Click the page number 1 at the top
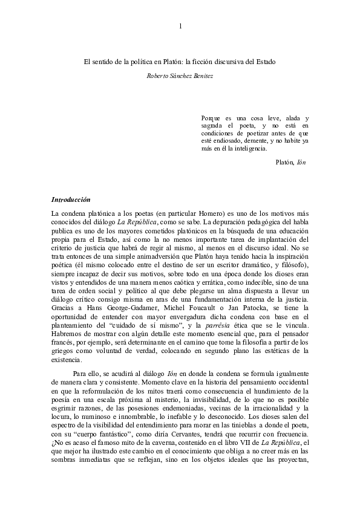180,25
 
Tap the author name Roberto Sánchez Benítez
180,76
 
